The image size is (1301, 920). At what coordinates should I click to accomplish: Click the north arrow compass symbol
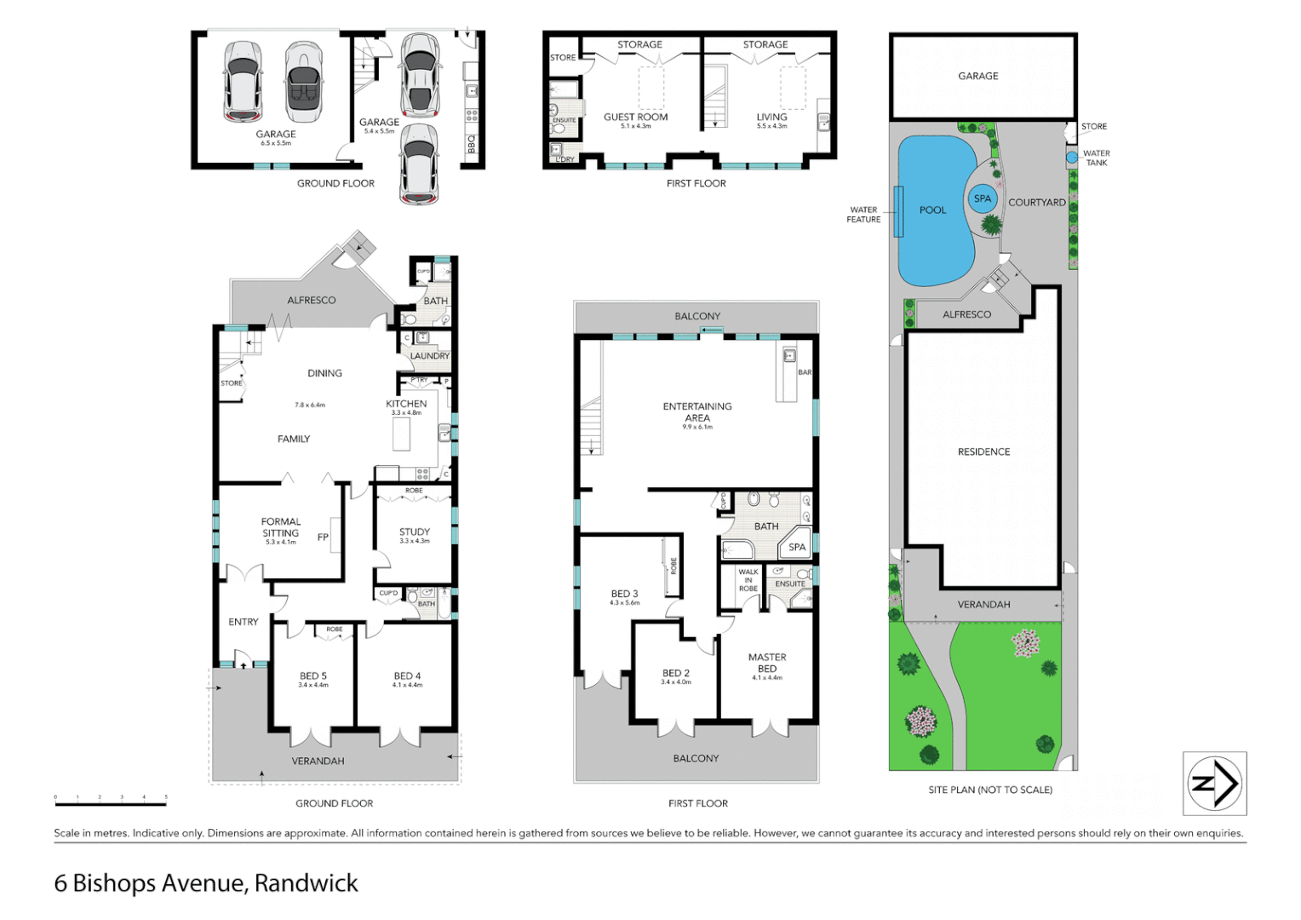[1214, 784]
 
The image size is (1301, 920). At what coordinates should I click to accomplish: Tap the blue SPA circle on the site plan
[983, 198]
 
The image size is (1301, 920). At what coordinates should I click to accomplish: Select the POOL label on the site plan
[932, 210]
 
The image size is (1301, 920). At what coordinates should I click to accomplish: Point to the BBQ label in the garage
[472, 145]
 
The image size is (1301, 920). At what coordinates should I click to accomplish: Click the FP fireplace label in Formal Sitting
[323, 538]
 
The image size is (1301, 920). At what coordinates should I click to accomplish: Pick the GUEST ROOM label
[635, 118]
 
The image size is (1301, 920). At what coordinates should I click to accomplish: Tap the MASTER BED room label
[767, 663]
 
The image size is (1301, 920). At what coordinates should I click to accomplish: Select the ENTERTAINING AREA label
[697, 412]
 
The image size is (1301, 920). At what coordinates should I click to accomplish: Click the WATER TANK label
[1096, 158]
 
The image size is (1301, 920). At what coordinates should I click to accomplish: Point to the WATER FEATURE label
[863, 215]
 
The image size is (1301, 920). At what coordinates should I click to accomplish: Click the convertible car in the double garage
[304, 82]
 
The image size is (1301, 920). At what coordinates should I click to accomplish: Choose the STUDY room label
[415, 532]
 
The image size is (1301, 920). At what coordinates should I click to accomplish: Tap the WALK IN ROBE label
[748, 580]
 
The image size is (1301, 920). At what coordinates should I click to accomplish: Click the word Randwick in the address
[307, 883]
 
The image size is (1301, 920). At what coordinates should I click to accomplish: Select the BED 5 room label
[312, 676]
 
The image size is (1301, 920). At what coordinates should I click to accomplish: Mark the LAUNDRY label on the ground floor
[430, 356]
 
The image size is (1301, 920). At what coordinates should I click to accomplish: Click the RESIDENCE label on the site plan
[983, 452]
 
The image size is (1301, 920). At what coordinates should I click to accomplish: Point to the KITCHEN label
[406, 404]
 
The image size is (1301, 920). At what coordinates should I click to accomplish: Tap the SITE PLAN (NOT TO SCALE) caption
[989, 790]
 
